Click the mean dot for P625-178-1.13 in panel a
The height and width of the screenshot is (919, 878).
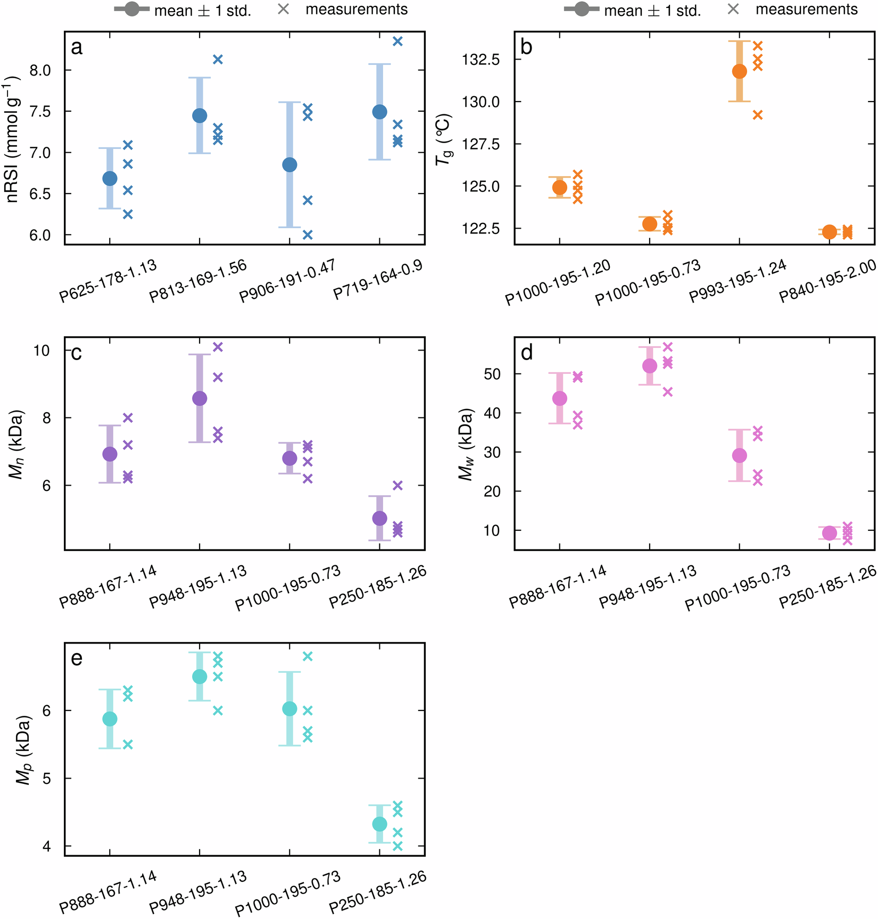click(110, 178)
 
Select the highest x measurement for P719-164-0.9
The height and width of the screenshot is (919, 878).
click(397, 41)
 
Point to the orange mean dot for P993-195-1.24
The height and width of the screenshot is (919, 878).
click(739, 71)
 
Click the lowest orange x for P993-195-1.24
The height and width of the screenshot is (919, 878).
click(758, 114)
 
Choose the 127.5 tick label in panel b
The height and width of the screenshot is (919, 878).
click(481, 144)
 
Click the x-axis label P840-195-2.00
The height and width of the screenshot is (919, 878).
click(827, 282)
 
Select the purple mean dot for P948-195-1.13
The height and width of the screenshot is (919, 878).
click(200, 398)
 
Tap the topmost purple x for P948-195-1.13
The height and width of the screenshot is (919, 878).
click(218, 347)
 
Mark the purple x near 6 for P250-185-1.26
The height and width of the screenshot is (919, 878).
click(397, 485)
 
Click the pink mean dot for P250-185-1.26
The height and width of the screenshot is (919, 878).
click(829, 533)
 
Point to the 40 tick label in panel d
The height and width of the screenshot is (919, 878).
click(493, 413)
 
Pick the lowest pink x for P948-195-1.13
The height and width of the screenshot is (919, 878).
click(668, 392)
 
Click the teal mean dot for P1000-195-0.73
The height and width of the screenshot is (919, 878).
click(289, 708)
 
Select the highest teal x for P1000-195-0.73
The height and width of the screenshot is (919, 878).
click(308, 656)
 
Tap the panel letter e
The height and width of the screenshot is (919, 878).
click(77, 658)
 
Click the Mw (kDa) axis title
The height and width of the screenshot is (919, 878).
click(466, 444)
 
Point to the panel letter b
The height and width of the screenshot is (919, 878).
click(526, 47)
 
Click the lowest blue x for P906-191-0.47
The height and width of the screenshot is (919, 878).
click(308, 235)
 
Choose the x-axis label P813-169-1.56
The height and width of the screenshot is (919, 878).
click(198, 282)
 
